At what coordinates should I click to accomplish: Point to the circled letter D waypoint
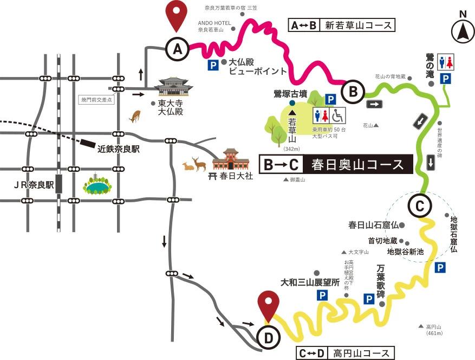tap(269, 338)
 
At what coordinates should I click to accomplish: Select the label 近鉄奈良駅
tap(118, 148)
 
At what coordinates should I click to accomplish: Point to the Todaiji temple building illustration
tap(174, 87)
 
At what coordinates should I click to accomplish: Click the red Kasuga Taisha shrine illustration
tap(230, 160)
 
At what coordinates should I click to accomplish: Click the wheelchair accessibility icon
tap(338, 115)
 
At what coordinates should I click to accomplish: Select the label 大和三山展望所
tap(310, 282)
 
